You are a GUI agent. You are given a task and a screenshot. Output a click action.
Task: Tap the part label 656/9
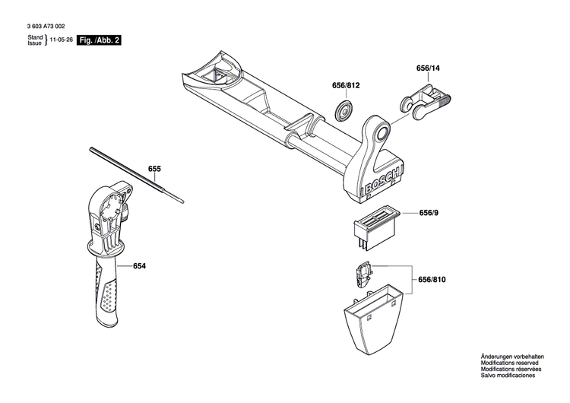(429, 214)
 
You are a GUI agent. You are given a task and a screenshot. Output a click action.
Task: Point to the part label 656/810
(432, 281)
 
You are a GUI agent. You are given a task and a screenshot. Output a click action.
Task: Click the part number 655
(154, 168)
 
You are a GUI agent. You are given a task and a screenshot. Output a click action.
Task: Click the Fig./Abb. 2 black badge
(100, 40)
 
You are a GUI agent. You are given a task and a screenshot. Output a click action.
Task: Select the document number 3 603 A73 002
(46, 24)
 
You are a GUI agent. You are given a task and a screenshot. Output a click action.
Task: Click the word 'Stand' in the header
(35, 36)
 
